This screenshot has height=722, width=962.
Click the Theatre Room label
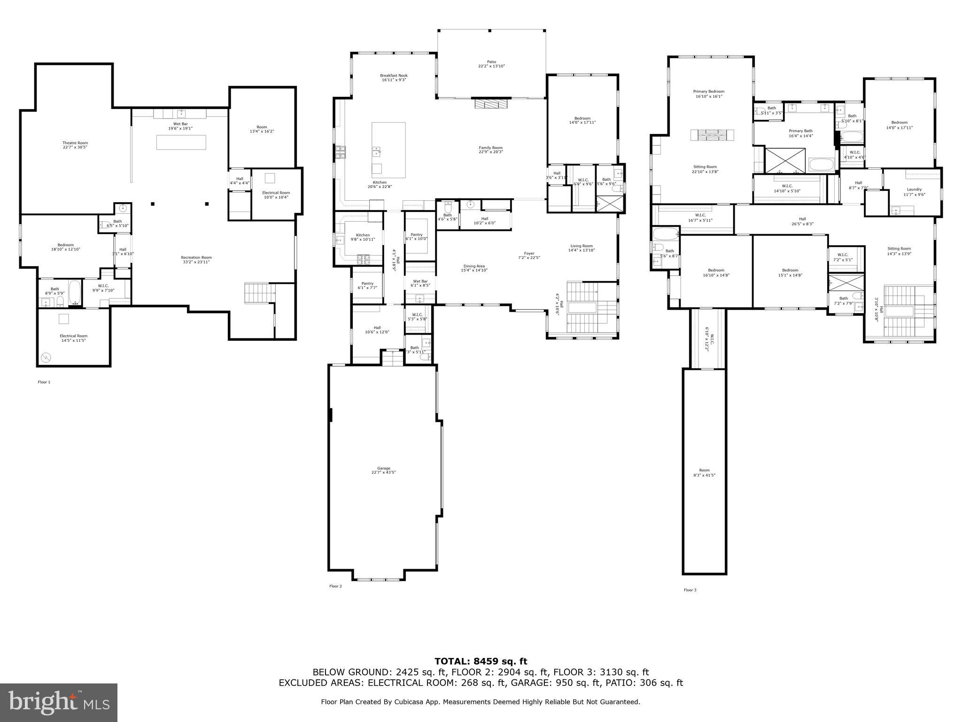pyautogui.click(x=75, y=143)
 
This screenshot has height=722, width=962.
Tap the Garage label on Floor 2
pyautogui.click(x=384, y=468)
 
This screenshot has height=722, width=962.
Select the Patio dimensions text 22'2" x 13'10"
pyautogui.click(x=491, y=66)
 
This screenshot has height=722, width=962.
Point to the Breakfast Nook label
pyautogui.click(x=394, y=75)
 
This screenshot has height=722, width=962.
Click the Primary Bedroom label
pyautogui.click(x=708, y=92)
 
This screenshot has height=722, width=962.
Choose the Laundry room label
pyautogui.click(x=914, y=189)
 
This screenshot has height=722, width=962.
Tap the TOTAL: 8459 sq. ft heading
pyautogui.click(x=481, y=661)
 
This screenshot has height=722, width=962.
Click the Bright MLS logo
pyautogui.click(x=59, y=702)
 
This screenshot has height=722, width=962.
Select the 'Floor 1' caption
pyautogui.click(x=44, y=382)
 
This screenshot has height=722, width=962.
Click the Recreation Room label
pyautogui.click(x=196, y=257)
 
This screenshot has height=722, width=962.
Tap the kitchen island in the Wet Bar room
pyautogui.click(x=181, y=142)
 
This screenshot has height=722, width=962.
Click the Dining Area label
pyautogui.click(x=474, y=266)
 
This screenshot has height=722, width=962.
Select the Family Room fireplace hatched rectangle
pyautogui.click(x=491, y=104)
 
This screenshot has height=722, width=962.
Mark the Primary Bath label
pyautogui.click(x=800, y=131)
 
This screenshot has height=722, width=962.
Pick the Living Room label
pyautogui.click(x=582, y=246)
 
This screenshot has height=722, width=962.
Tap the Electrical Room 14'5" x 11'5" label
pyautogui.click(x=73, y=336)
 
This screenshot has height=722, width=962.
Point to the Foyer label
pyautogui.click(x=529, y=253)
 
